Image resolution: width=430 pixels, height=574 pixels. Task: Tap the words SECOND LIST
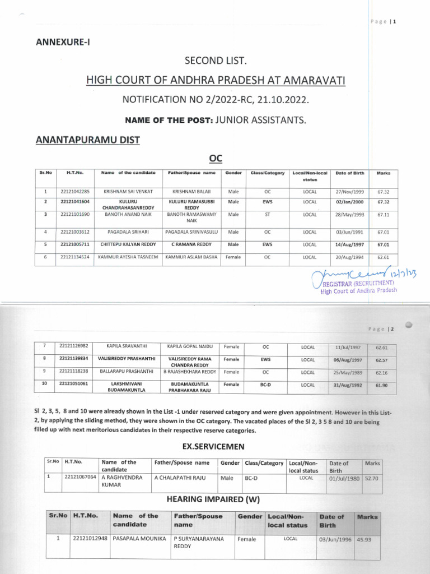(215, 60)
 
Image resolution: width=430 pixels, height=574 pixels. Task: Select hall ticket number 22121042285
(76, 192)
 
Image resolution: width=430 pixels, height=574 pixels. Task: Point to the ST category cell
(267, 214)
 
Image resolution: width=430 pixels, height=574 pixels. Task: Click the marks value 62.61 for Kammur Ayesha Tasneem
(384, 257)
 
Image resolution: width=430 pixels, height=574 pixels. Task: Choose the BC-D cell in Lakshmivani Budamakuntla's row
(266, 385)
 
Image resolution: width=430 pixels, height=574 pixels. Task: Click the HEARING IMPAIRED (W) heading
(213, 499)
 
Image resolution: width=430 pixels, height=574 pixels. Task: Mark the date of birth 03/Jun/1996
(336, 539)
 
